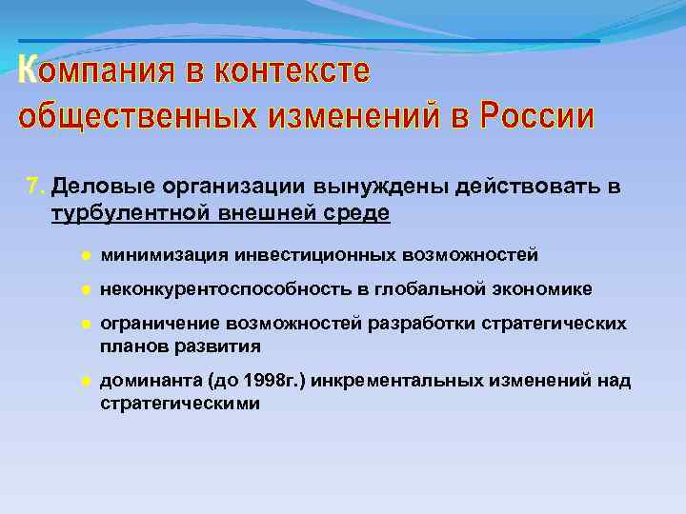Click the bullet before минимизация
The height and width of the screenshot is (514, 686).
pos(85,255)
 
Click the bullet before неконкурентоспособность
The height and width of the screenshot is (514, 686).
pos(85,289)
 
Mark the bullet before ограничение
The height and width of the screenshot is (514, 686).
pos(85,324)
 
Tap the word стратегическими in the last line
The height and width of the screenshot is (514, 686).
pos(179,404)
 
